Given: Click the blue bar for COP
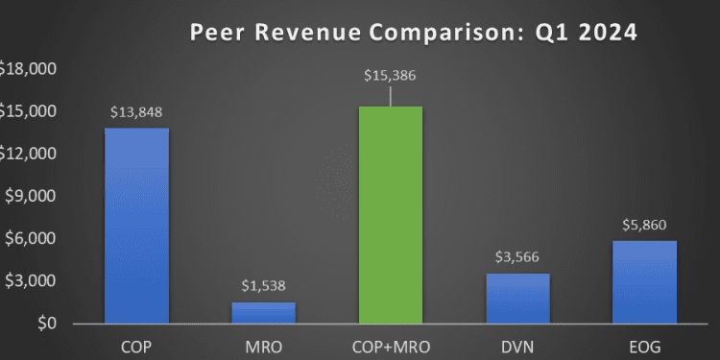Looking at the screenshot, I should click(136, 226).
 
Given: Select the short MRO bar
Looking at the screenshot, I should click(263, 313).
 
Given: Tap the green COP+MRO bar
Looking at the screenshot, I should click(390, 215).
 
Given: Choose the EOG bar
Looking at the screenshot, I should click(645, 282).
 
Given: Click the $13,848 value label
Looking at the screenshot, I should click(136, 111).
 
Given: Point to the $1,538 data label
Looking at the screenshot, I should click(263, 285).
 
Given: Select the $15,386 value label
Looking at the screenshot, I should click(390, 76).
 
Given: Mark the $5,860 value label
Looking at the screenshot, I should click(645, 224).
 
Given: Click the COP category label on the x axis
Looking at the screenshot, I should click(136, 343).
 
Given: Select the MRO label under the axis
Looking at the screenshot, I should click(263, 343).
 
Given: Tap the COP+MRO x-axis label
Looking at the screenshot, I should click(390, 343).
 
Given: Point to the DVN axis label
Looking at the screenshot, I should click(517, 343).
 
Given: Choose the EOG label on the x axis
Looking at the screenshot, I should click(645, 343).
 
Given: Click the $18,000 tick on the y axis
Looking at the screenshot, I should click(28, 69).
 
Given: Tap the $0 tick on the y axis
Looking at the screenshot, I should click(44, 324).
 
